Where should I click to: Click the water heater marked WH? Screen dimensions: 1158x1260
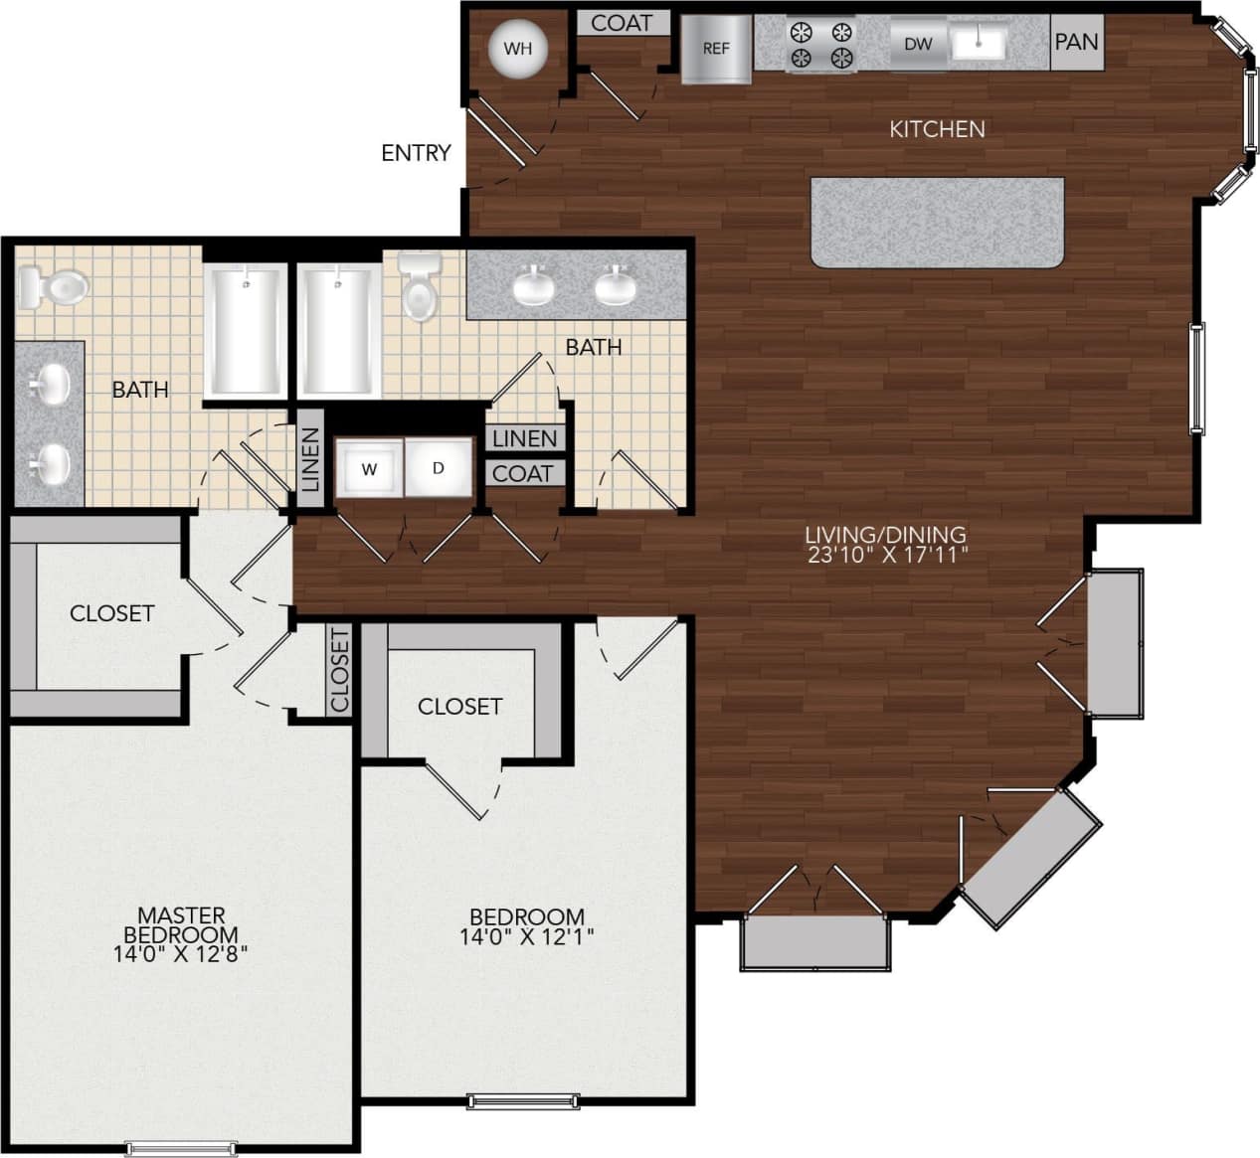point(517,48)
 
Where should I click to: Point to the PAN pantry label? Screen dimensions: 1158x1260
point(1076,42)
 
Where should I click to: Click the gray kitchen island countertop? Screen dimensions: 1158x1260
point(937,222)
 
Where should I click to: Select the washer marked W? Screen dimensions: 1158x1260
point(369,468)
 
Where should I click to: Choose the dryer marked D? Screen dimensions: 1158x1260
point(439,467)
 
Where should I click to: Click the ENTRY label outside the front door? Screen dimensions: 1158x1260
point(416,153)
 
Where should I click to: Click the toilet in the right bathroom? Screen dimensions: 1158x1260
point(420,287)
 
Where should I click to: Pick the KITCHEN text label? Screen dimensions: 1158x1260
point(937,129)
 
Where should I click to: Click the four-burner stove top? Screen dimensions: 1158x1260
point(821,45)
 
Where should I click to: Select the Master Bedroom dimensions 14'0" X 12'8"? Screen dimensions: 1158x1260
point(181,954)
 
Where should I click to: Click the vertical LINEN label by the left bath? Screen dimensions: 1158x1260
point(310,460)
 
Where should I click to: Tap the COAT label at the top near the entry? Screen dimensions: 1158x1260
point(622,22)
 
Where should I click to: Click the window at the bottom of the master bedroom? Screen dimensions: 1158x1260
point(181,1149)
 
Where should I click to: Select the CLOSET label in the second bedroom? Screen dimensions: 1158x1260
point(459,706)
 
